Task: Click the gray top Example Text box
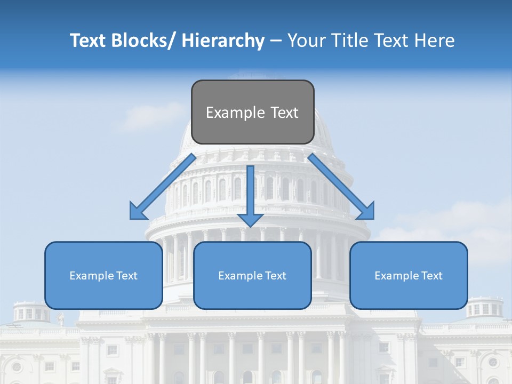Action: coord(252,112)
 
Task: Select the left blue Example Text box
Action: coord(103,275)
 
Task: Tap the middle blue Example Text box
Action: coord(252,275)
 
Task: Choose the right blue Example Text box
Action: coord(409,275)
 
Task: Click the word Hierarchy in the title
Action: coord(223,41)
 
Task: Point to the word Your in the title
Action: coord(306,41)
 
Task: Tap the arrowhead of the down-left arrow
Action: coord(138,212)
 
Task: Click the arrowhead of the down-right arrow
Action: coord(366,212)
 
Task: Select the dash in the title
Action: coord(276,41)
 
